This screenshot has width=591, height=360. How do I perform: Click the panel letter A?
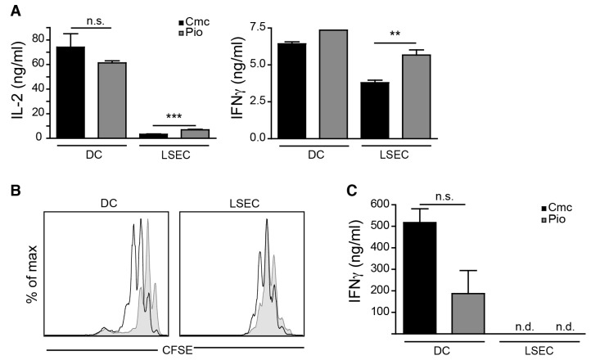point(16,10)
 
